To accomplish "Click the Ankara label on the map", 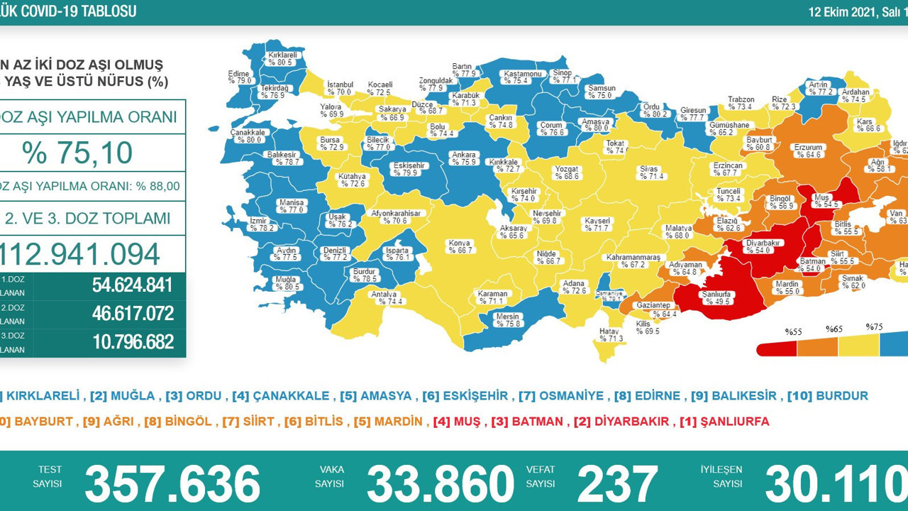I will pyautogui.click(x=464, y=158).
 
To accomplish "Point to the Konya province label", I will pyautogui.click(x=460, y=246).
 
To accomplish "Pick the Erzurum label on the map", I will pyautogui.click(x=807, y=150).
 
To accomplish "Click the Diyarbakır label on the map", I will pyautogui.click(x=763, y=246).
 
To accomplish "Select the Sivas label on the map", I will pyautogui.click(x=649, y=172).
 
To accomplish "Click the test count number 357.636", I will pyautogui.click(x=172, y=485).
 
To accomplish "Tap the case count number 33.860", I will pyautogui.click(x=440, y=485).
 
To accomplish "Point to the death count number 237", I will pyautogui.click(x=617, y=485).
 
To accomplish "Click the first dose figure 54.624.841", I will pyautogui.click(x=133, y=285).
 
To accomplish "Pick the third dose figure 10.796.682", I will pyautogui.click(x=133, y=342).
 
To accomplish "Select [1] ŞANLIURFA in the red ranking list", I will pyautogui.click(x=724, y=422).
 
